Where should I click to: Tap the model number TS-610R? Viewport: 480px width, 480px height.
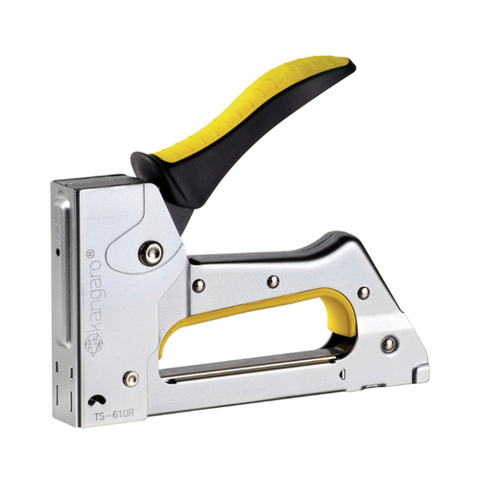point(113,414)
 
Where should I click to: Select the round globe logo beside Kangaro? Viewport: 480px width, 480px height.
point(93,344)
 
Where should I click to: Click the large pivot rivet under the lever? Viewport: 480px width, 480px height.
point(151,253)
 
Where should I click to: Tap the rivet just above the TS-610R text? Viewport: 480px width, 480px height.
point(132,379)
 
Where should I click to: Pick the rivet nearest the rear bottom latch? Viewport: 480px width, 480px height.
point(389,345)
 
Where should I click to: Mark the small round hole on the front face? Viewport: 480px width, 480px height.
point(58,252)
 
